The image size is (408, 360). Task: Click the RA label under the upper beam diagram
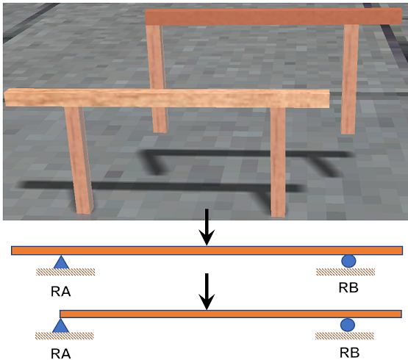click(x=60, y=292)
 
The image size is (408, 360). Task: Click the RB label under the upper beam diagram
click(x=348, y=288)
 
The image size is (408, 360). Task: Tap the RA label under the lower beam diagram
click(x=60, y=354)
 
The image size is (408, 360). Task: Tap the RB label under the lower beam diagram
click(x=349, y=353)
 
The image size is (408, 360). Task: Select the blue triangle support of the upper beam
click(x=61, y=263)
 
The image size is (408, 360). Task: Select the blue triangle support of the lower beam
click(x=60, y=327)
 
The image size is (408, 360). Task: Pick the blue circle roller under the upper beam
click(x=348, y=261)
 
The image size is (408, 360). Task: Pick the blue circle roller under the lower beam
click(x=348, y=325)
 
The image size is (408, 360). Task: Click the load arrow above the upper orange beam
click(x=207, y=227)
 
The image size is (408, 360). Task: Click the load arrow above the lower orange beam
click(x=207, y=292)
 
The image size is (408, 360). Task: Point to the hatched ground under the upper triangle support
click(x=65, y=272)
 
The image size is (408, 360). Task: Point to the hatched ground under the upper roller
click(x=346, y=272)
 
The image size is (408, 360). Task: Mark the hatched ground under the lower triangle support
click(x=65, y=336)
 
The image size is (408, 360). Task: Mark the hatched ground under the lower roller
click(x=345, y=336)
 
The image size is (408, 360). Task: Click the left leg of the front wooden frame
click(x=79, y=160)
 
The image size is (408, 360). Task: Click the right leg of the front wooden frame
click(x=278, y=162)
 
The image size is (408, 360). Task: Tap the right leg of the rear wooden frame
click(x=350, y=79)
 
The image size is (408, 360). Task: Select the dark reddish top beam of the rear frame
click(x=273, y=16)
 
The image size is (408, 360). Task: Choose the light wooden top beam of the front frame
click(x=167, y=98)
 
